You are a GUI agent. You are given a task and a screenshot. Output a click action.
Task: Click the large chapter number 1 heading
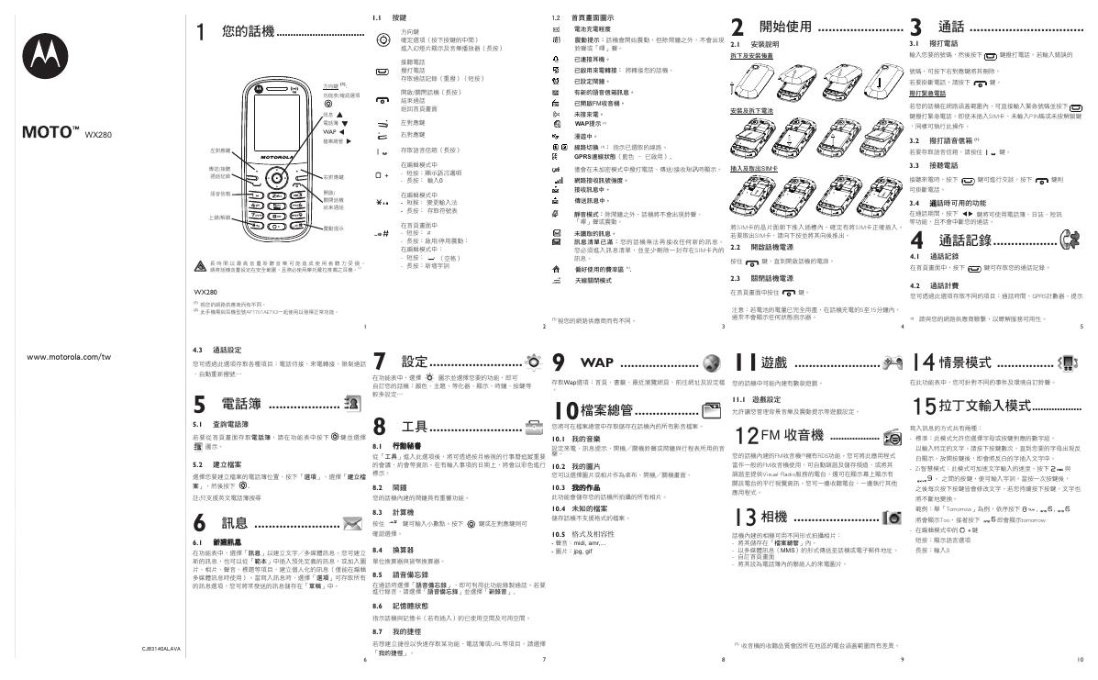click(201, 32)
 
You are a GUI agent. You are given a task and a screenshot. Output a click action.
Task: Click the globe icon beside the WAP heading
click(710, 361)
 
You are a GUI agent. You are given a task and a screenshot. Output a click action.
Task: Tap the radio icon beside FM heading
click(891, 437)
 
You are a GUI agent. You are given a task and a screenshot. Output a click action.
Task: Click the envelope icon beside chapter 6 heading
click(351, 524)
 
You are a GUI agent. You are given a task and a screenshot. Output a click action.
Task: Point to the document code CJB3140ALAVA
click(161, 649)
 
